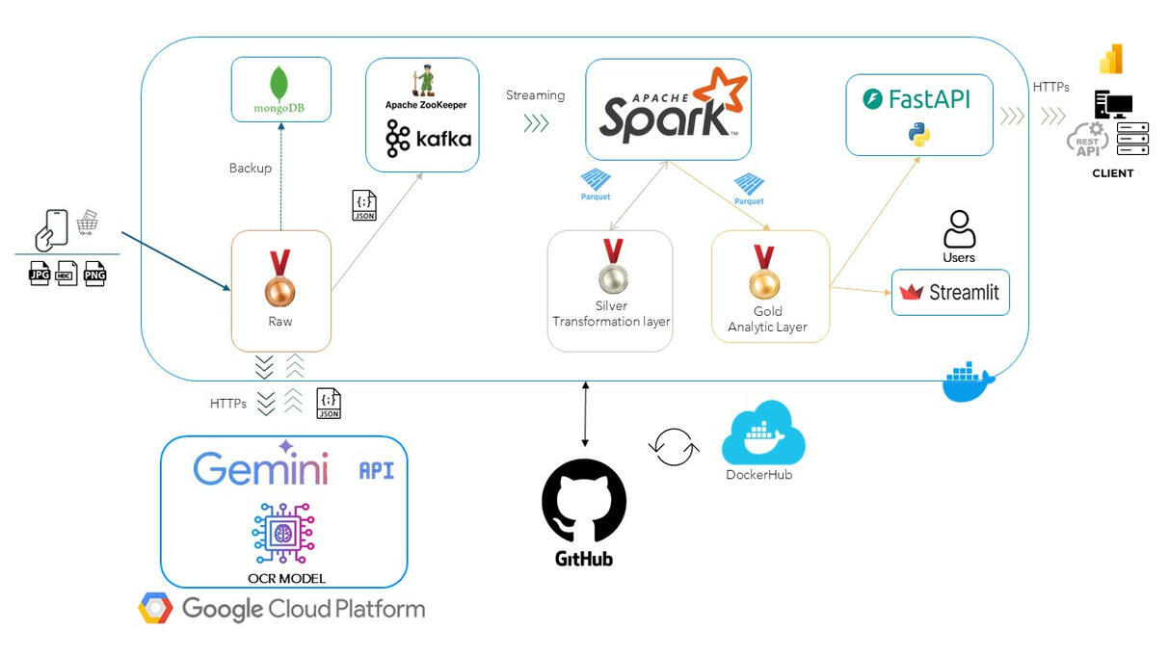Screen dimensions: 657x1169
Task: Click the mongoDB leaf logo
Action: pos(279,84)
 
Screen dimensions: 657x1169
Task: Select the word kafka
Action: pos(443,139)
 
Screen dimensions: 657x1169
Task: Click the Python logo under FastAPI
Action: pos(919,134)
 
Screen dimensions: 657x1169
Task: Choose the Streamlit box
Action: pos(950,292)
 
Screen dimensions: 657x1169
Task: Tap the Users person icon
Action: pos(959,229)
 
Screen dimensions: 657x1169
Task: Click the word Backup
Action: pos(251,168)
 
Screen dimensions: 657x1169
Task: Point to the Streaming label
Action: pos(535,95)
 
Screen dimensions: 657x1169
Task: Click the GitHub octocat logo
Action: pos(584,500)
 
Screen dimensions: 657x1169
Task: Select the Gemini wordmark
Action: pos(260,468)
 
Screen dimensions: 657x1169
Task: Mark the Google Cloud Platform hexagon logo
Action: pos(155,609)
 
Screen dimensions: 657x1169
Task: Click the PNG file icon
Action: pos(94,274)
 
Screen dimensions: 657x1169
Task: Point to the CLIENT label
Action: pos(1112,173)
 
